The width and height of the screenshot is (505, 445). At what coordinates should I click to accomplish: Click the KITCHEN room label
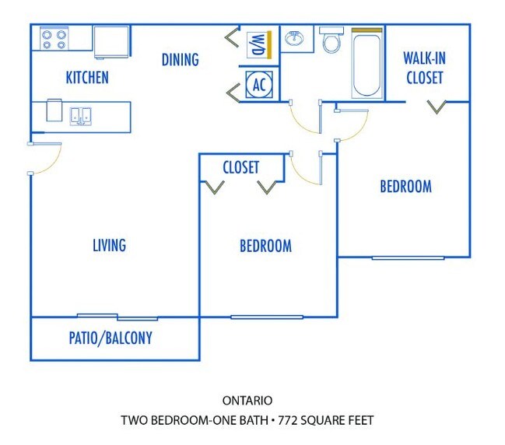[x=86, y=78]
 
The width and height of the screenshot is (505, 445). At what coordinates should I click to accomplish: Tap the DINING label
[x=180, y=59]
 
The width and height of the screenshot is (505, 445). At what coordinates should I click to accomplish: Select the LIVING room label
[x=109, y=245]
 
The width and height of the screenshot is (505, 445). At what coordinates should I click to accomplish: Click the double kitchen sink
[x=82, y=116]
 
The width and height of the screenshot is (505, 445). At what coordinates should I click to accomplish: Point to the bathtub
[x=366, y=63]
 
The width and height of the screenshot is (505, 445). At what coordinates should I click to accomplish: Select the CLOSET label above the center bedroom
[x=240, y=167]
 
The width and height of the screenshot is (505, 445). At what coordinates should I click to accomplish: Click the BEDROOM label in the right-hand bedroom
[x=405, y=187]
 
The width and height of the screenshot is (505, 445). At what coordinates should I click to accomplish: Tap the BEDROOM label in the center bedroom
[x=265, y=246]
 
